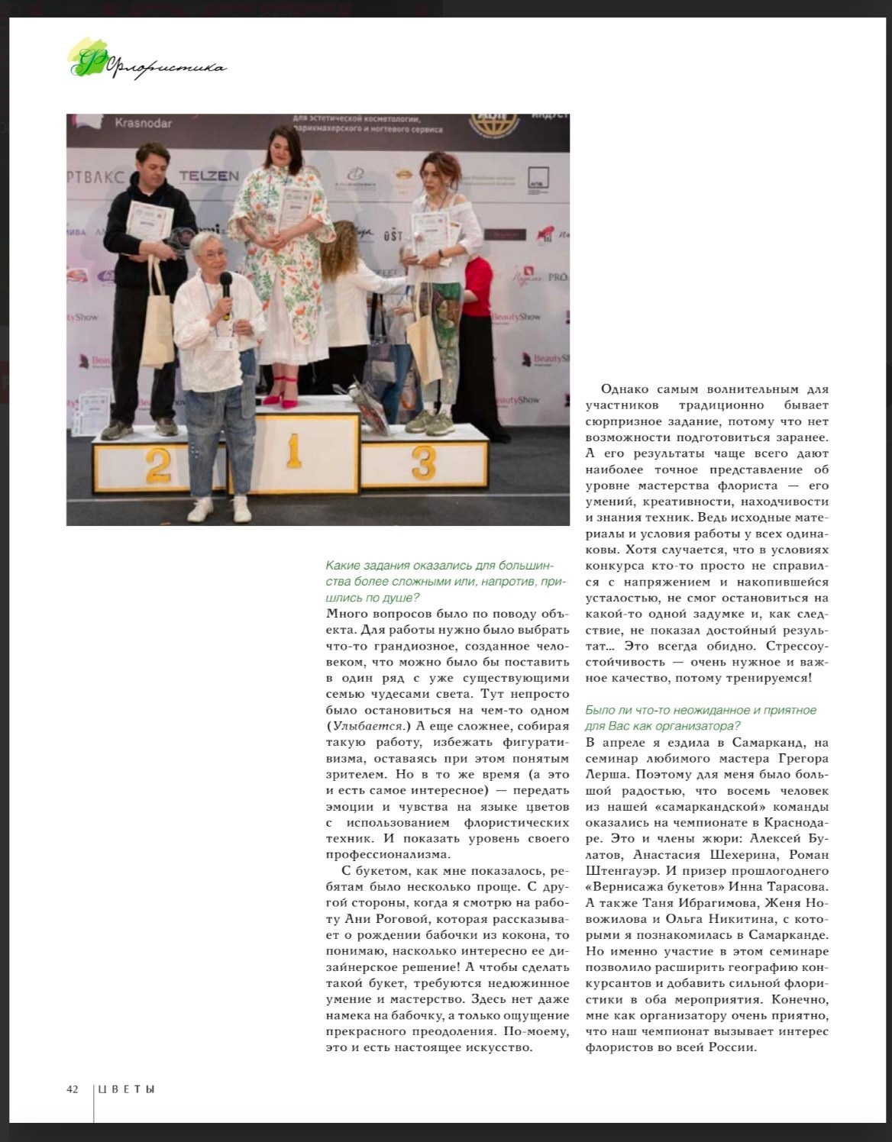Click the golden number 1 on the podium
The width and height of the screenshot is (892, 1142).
(x=293, y=450)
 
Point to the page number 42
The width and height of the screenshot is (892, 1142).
(x=73, y=1089)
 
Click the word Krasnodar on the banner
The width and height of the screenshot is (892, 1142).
(x=144, y=123)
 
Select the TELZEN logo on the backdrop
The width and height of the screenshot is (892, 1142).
(x=209, y=176)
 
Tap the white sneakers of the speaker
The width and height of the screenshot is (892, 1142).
(x=221, y=509)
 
